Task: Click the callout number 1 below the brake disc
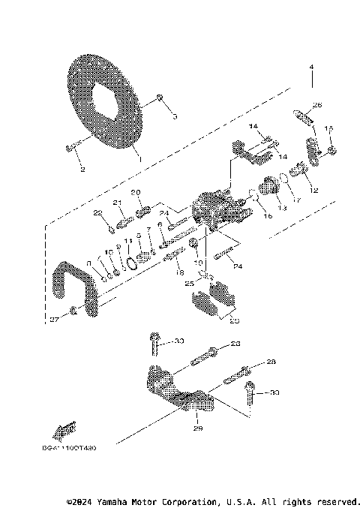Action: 136,159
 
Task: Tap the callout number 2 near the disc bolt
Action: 82,170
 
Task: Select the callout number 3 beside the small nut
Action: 174,118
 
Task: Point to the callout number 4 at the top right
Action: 310,68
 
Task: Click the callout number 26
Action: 317,105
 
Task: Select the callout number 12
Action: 314,191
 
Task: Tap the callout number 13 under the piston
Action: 283,207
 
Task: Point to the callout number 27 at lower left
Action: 52,320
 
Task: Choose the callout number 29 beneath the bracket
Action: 198,428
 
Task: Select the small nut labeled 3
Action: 160,100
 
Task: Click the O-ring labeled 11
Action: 132,263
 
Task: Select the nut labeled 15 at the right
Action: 332,151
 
